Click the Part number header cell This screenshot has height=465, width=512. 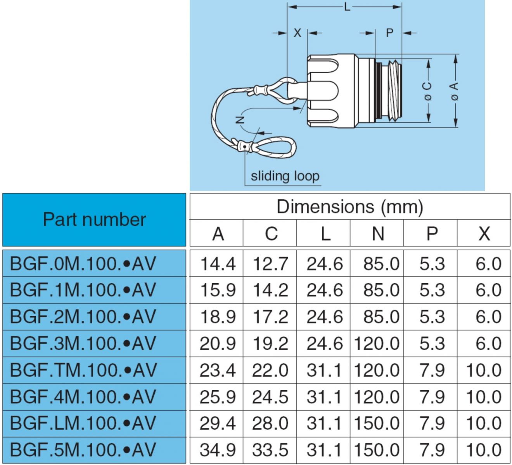[x=94, y=220]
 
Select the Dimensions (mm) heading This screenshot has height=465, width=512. [x=349, y=207]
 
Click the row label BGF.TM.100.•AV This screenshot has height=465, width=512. [x=83, y=370]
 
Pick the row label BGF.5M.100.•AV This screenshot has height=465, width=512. [x=83, y=449]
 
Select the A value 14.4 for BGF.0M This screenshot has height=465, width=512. [x=218, y=264]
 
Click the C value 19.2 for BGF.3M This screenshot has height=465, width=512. [x=270, y=343]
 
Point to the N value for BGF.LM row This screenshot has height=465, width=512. [x=377, y=423]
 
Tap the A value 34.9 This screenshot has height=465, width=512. [x=218, y=450]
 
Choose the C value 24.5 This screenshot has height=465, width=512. [x=270, y=397]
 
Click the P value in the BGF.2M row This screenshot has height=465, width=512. [x=432, y=317]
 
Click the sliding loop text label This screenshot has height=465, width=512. [x=285, y=176]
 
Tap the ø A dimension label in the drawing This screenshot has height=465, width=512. [x=455, y=91]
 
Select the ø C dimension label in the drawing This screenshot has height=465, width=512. [x=427, y=91]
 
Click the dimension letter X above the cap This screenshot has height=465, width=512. [x=297, y=33]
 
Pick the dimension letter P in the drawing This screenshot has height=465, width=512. [x=389, y=33]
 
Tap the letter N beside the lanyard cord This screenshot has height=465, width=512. [x=240, y=119]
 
